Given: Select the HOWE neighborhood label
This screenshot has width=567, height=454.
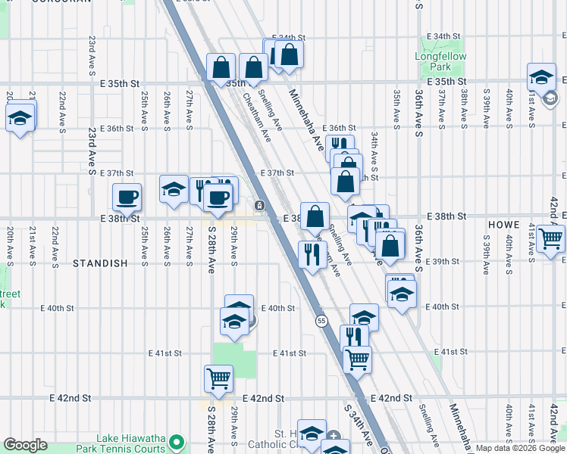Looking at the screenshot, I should coord(504,225).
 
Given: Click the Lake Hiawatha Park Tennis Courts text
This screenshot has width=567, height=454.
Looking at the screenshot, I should coord(131,443).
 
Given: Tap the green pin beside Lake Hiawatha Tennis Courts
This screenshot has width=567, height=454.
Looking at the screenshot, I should coord(177,441).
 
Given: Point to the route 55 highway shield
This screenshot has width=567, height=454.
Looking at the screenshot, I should coord(321,321).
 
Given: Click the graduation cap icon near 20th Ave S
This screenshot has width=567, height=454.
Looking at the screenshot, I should coord(20,117).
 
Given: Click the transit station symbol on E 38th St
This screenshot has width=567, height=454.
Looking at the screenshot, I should coord(259,205).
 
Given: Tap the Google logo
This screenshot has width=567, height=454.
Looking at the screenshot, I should coord(26,445).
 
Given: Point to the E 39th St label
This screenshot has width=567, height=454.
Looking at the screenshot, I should coord(445,261).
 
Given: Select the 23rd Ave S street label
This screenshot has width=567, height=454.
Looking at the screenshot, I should coord(92,158).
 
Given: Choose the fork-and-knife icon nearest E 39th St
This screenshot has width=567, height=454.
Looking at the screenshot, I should coord(312,254).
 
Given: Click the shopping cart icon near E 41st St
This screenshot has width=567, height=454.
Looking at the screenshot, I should coord(357,359).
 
